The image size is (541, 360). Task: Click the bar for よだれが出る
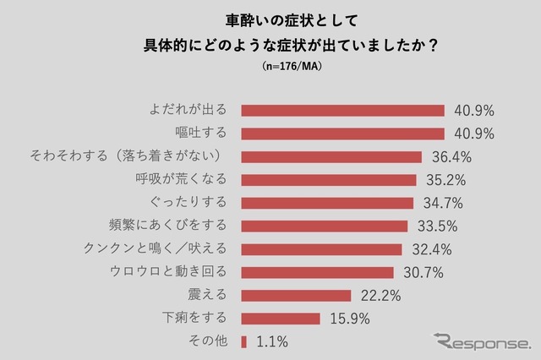pyautogui.click(x=342, y=111)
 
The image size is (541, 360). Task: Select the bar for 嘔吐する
pyautogui.click(x=342, y=134)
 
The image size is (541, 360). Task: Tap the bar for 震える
pyautogui.click(x=296, y=295)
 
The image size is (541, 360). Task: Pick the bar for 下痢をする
pyautogui.click(x=281, y=319)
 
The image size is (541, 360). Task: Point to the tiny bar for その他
pyautogui.click(x=243, y=341)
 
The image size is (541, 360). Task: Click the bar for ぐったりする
pyautogui.click(x=327, y=203)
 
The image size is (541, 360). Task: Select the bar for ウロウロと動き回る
pyautogui.click(x=317, y=272)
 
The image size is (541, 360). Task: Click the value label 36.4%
pyautogui.click(x=451, y=157)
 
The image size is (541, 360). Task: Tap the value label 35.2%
pyautogui.click(x=445, y=180)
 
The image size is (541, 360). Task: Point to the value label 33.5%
pyautogui.click(x=437, y=226)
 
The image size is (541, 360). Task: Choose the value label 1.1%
pyautogui.click(x=271, y=341)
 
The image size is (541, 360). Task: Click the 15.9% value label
pyautogui.click(x=349, y=319)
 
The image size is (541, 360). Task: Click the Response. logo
pyautogui.click(x=482, y=341)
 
